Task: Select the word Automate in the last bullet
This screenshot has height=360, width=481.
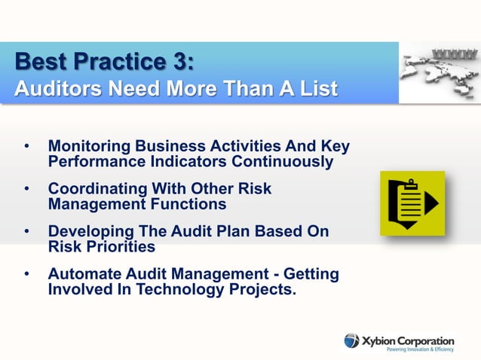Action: point(84,273)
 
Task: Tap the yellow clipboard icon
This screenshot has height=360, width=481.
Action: point(412,203)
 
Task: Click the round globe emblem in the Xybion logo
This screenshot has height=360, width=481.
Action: point(352,340)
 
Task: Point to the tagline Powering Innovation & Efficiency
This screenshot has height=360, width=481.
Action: point(420,349)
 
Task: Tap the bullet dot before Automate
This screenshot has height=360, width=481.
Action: point(27,273)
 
